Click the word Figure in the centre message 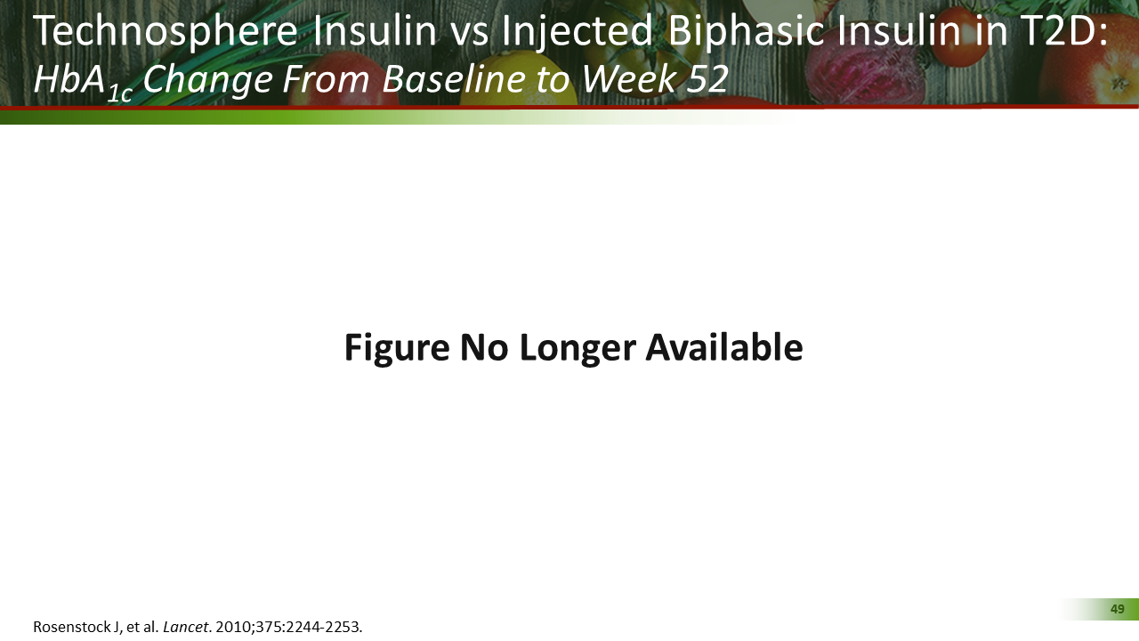pyautogui.click(x=397, y=347)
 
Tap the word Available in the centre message pyautogui.click(x=723, y=347)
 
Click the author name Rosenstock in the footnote pyautogui.click(x=74, y=627)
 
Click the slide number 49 pyautogui.click(x=1118, y=609)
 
